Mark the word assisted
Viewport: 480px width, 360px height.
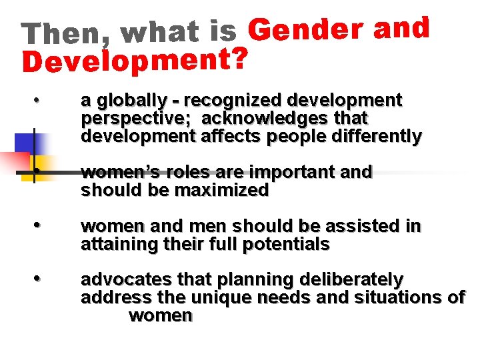pos(369,227)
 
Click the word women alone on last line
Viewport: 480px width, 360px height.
pos(161,315)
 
